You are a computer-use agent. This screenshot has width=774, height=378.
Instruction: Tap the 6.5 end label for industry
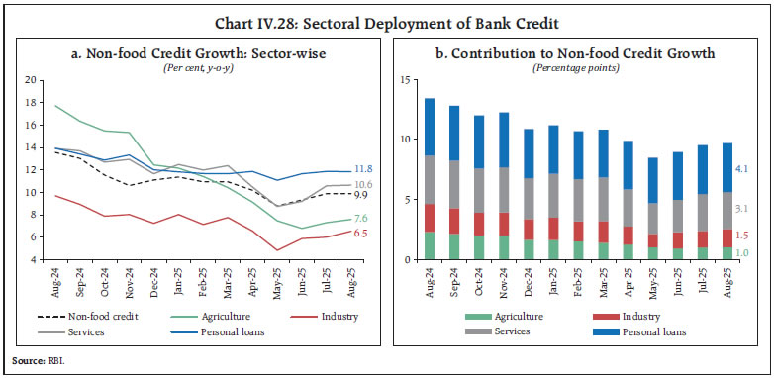click(362, 233)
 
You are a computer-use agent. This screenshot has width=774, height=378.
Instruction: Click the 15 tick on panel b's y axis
click(407, 79)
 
